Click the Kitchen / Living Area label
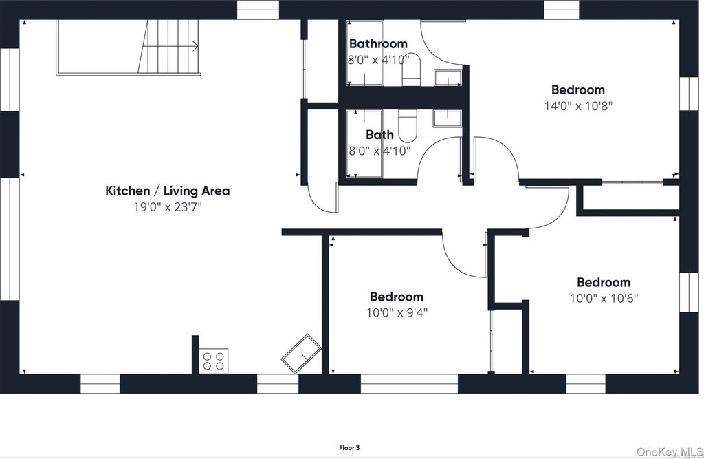coord(168,191)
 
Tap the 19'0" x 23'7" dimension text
coord(168,207)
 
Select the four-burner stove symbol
coord(213,361)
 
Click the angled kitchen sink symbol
coord(301,353)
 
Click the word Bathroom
coord(379,43)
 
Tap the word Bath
coord(379,134)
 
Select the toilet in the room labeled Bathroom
coord(411,70)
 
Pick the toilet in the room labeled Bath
coord(408,125)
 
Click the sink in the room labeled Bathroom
coord(448,77)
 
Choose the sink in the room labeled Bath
coord(447,118)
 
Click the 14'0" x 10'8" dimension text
coord(578,106)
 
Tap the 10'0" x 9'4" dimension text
coord(397,312)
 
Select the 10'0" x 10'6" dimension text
coord(604,298)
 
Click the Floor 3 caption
coord(349,448)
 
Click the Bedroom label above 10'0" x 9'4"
coord(397,297)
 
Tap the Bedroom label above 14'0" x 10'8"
coord(577,90)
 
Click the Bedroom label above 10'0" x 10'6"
coord(604,282)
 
